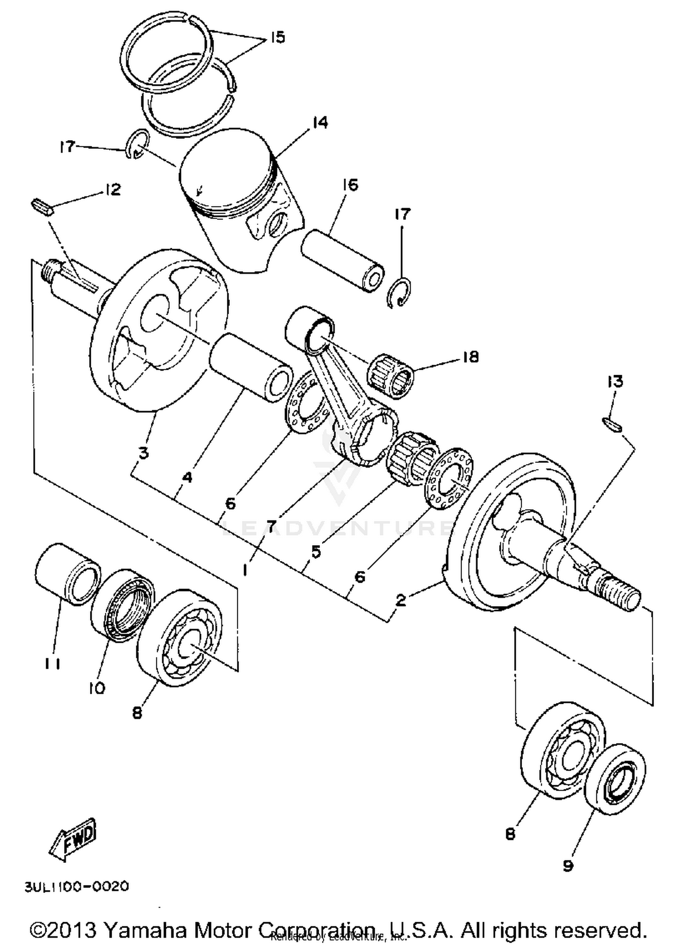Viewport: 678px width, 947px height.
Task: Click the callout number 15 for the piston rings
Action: click(278, 37)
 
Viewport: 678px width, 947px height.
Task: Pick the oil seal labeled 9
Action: click(616, 777)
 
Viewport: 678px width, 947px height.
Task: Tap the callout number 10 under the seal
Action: click(96, 688)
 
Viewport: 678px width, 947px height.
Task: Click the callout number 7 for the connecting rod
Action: click(271, 526)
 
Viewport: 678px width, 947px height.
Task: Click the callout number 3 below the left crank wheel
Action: click(143, 452)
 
